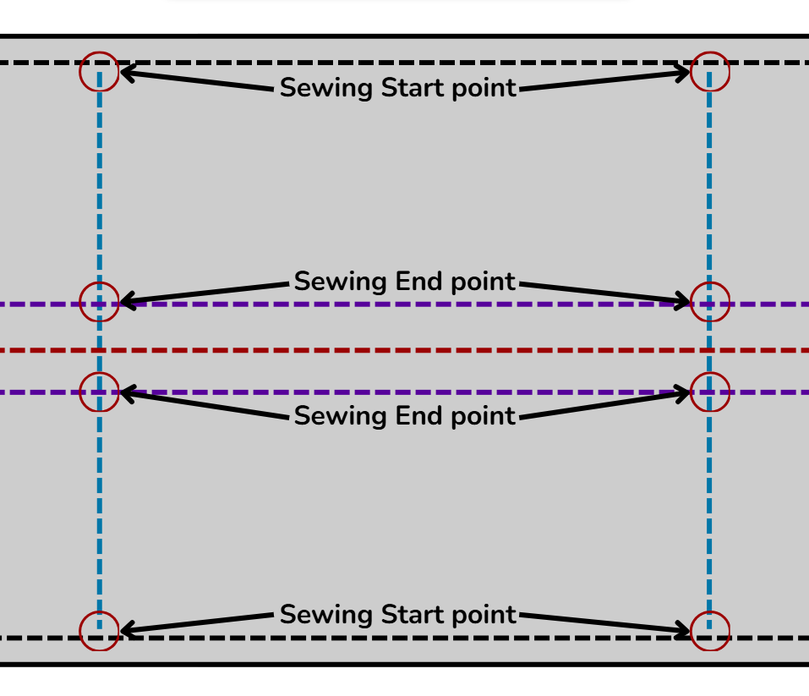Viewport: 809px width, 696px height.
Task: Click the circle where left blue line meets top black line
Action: point(99,71)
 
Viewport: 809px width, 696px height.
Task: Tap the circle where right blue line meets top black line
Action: point(710,71)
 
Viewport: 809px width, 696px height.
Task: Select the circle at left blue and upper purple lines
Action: point(99,302)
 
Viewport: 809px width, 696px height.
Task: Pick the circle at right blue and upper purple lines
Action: point(710,302)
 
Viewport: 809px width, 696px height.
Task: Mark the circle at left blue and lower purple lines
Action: point(99,392)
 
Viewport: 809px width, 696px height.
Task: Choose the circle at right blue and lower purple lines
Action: point(710,392)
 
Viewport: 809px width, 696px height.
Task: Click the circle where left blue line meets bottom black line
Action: point(99,631)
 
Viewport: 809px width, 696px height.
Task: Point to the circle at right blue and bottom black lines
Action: point(710,631)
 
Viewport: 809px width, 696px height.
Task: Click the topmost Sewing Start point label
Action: point(398,88)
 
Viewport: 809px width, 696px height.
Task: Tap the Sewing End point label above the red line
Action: point(405,282)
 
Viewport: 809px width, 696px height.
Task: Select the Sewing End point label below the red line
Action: point(405,416)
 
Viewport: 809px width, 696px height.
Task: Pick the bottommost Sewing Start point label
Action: point(398,615)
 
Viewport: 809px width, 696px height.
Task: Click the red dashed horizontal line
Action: point(406,349)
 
